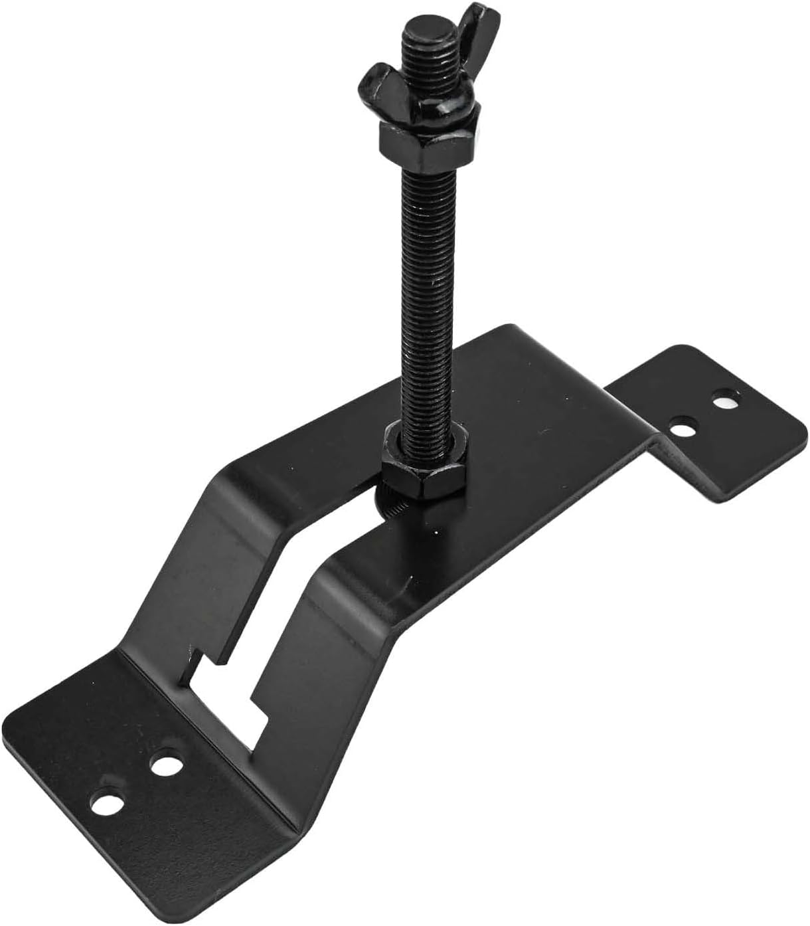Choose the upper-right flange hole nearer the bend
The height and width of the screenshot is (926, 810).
680,424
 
